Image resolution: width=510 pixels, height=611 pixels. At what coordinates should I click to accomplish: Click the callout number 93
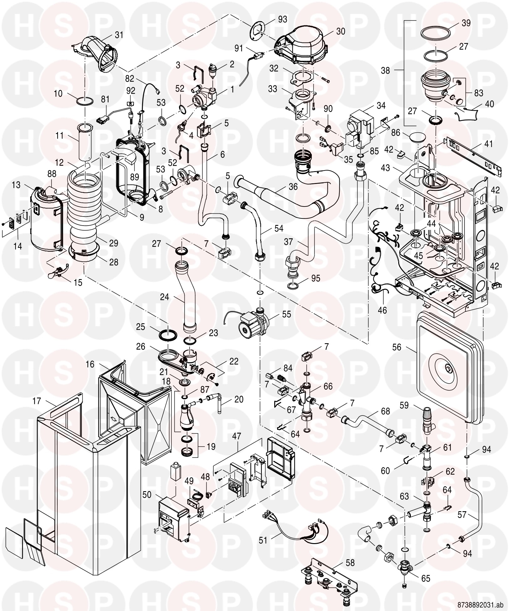(282, 20)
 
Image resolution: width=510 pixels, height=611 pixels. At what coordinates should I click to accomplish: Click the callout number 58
(350, 563)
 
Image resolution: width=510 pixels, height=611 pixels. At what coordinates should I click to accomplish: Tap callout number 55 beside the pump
(286, 314)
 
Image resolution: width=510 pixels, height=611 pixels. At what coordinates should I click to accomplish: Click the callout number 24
(165, 297)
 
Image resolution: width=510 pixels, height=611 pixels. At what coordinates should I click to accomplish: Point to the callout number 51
(263, 540)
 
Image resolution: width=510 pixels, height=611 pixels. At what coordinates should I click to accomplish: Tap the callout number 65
(425, 578)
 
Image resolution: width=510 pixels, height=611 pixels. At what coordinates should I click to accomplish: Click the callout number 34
(381, 105)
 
